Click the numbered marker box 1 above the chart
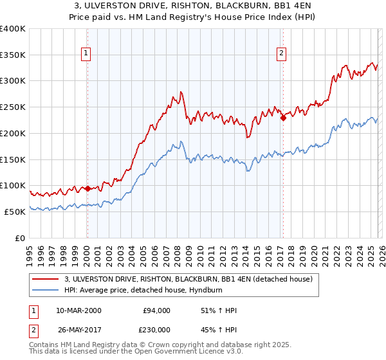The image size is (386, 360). point(86,54)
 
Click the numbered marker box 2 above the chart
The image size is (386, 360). point(282,54)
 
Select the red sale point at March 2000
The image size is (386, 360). point(87,189)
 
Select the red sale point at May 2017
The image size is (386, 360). point(282,117)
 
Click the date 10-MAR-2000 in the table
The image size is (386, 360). point(78,310)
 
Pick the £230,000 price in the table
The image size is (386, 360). point(157,329)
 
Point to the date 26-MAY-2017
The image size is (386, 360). point(78,329)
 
